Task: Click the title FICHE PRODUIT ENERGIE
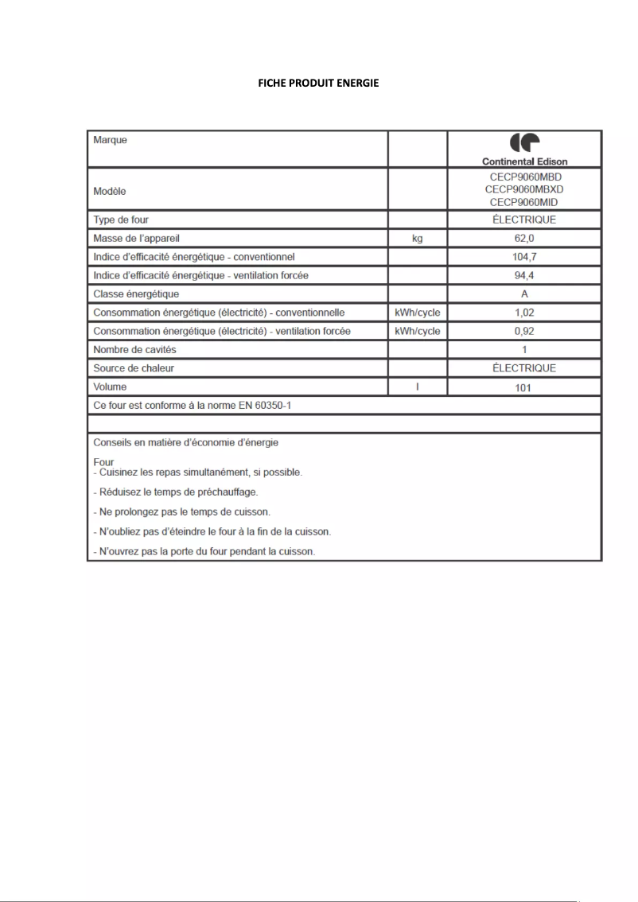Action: (318, 84)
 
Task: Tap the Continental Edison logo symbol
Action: (524, 143)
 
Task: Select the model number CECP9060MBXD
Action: (524, 189)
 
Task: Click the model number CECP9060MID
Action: (524, 202)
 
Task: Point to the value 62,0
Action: (524, 238)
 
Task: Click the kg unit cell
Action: (417, 238)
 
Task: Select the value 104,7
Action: (524, 257)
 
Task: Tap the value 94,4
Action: (524, 275)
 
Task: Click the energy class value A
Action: (524, 294)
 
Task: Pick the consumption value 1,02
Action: (524, 313)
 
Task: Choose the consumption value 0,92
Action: (524, 331)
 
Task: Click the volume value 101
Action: (524, 388)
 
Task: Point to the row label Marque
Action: (111, 140)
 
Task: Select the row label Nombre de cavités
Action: (134, 350)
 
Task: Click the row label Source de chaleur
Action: (134, 368)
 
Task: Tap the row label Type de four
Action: (121, 220)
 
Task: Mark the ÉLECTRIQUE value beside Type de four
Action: (524, 220)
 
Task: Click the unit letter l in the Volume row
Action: (417, 387)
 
